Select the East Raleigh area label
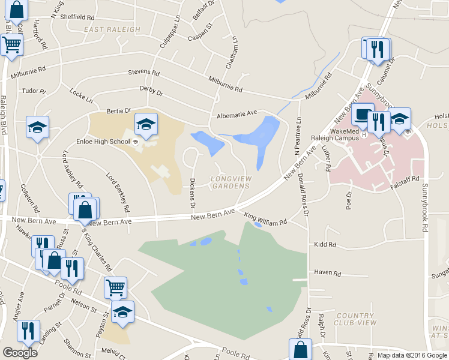tap(112, 29)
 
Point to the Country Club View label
tap(357, 319)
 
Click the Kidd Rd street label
tap(324, 245)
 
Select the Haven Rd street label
tap(327, 273)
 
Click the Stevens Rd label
tap(143, 73)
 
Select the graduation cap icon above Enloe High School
tap(146, 124)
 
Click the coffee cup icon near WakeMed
tap(363, 113)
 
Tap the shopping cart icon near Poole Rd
tap(115, 287)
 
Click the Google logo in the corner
tap(20, 353)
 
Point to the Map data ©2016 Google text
tap(413, 355)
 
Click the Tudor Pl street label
tap(34, 91)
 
